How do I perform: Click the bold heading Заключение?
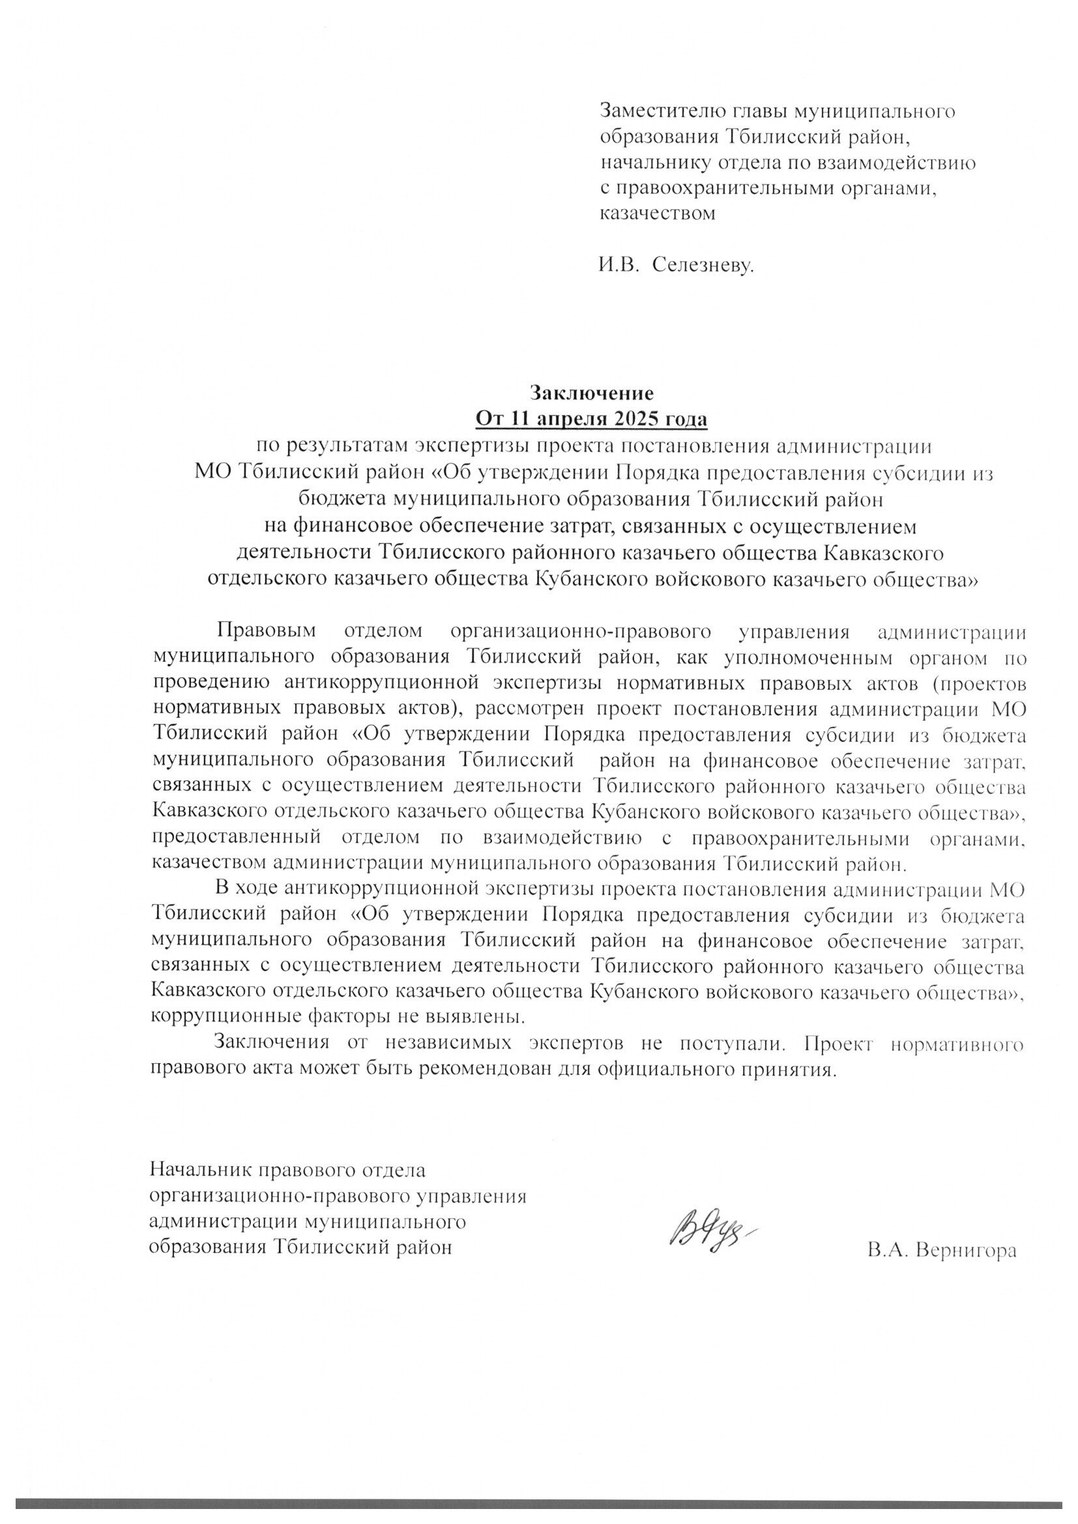coord(591,393)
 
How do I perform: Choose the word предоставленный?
coord(237,838)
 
